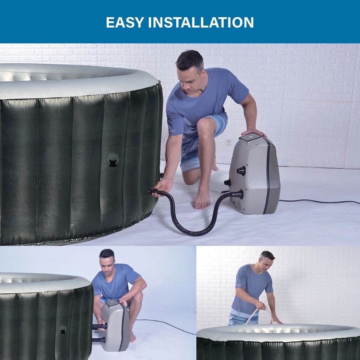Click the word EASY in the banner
tap(125, 22)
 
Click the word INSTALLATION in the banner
tap(201, 22)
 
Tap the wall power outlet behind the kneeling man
tap(229, 142)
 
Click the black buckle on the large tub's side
tap(113, 160)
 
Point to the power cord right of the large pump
tap(319, 201)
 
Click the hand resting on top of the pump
tap(254, 132)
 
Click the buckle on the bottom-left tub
tap(63, 329)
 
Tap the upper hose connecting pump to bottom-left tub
tap(100, 326)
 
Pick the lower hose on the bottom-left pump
tap(99, 340)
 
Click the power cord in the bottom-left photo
tap(166, 326)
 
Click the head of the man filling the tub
tap(267, 260)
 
